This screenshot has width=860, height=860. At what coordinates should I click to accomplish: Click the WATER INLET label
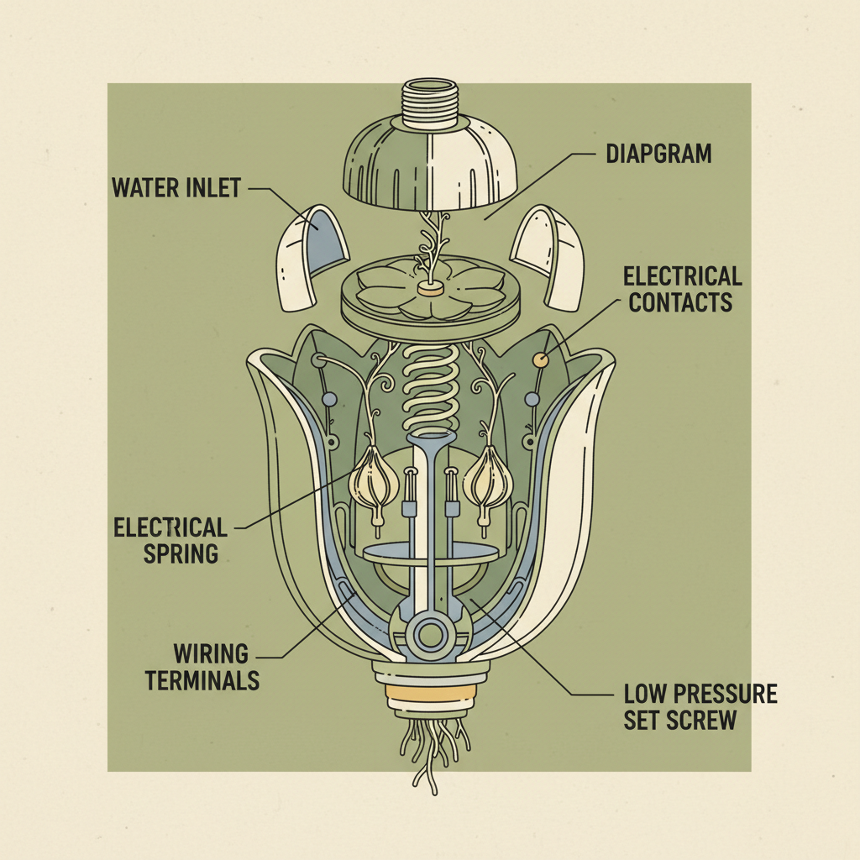[x=176, y=186]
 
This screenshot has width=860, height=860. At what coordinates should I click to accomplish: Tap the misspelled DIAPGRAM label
[x=658, y=154]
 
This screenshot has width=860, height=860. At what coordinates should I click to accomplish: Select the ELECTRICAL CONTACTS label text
[x=682, y=288]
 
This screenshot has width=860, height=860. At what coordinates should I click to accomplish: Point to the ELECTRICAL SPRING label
[x=170, y=539]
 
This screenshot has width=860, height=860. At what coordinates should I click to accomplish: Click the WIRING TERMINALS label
[x=202, y=665]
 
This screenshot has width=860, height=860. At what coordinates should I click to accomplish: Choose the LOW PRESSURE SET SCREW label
[x=700, y=706]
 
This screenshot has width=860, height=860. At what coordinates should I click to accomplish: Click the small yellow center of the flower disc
[x=430, y=289]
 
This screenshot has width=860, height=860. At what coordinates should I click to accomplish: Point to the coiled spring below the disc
[x=431, y=379]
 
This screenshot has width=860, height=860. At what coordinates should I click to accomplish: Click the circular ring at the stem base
[x=430, y=633]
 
